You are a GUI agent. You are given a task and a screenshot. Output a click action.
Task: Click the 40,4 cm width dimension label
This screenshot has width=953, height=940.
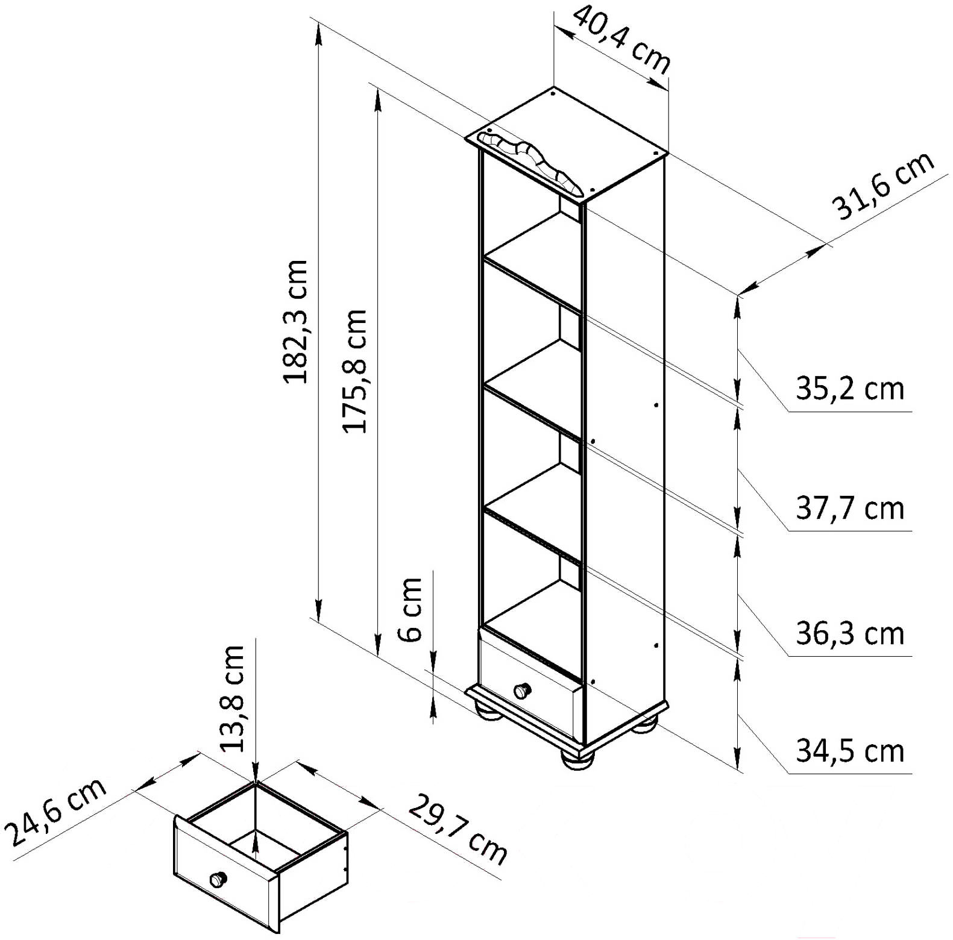click(621, 40)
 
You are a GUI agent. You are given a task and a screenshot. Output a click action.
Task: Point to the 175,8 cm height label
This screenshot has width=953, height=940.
click(354, 371)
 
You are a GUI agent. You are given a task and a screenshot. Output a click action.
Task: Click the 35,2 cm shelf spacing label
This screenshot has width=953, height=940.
click(850, 389)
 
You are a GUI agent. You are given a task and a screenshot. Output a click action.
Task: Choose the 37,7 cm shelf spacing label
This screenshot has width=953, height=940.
click(850, 508)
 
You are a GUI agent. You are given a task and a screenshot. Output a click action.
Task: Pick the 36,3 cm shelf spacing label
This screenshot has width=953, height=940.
click(850, 633)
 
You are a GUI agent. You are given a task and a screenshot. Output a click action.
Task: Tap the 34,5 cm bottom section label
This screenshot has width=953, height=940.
click(850, 751)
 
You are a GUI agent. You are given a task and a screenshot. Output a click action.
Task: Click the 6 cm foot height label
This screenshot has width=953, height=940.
click(410, 609)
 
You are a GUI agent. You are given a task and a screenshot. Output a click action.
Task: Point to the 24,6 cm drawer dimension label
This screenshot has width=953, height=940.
click(56, 811)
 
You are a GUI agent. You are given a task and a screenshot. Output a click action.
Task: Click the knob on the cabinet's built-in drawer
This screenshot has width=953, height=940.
click(522, 691)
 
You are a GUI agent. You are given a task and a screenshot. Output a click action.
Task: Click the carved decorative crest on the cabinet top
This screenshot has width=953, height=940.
click(530, 163)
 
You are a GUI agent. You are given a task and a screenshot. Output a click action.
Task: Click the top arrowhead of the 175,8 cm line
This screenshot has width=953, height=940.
click(378, 100)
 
